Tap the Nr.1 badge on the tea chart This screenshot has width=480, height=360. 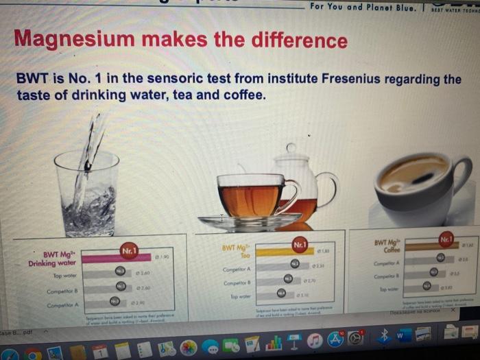coord(300,243)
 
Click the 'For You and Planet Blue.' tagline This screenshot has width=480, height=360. coord(355,6)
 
